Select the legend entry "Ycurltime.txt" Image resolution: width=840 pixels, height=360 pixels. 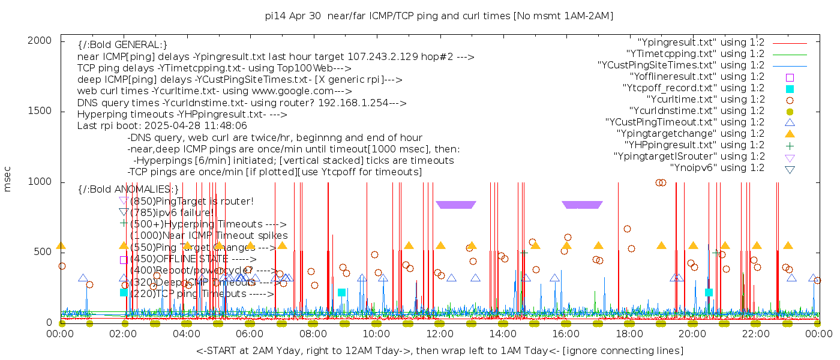tap(706, 100)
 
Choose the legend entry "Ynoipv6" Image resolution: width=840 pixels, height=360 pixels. tap(717, 168)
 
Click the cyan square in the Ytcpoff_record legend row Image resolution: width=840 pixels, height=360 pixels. tap(790, 88)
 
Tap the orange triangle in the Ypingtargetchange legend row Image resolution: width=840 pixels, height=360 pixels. tap(790, 134)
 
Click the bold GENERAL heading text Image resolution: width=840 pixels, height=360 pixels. tap(122, 45)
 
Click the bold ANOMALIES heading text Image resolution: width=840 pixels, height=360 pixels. tap(128, 189)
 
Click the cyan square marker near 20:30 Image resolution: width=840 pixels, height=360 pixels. tap(709, 292)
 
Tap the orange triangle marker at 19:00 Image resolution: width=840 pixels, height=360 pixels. tap(661, 245)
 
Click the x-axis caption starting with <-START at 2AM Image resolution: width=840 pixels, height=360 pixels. tap(439, 350)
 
